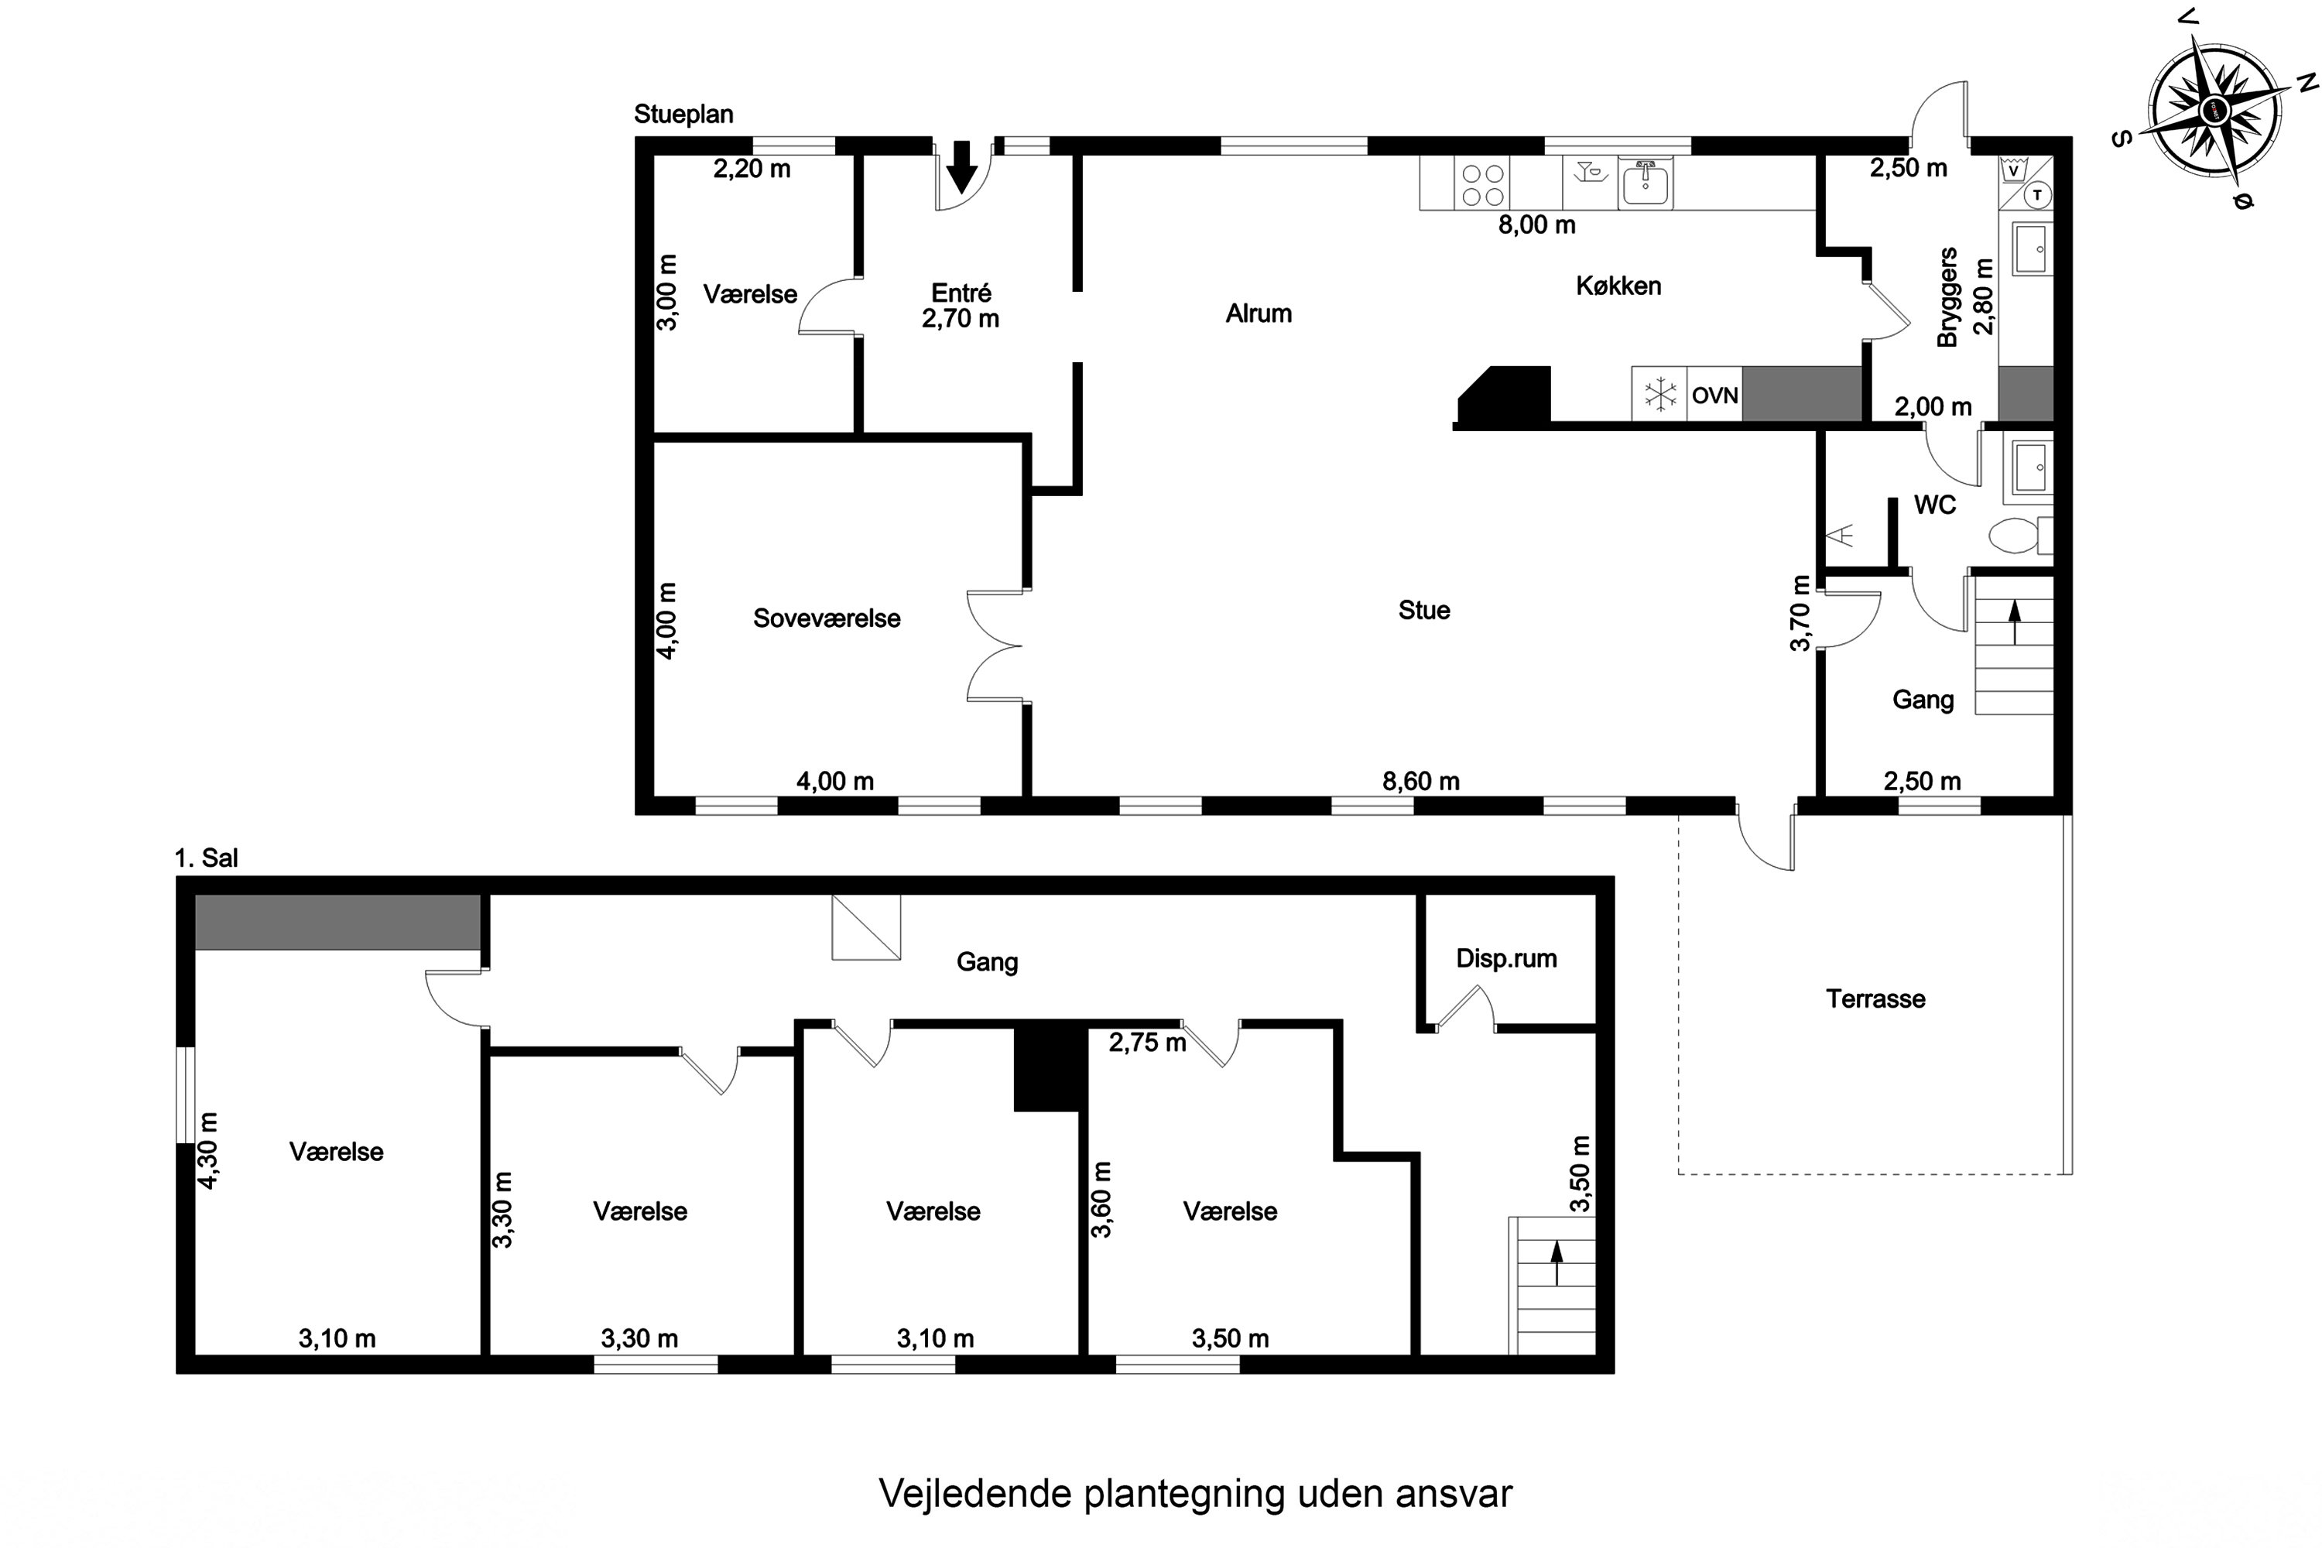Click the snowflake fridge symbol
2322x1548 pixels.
click(x=1659, y=395)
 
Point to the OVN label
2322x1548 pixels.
click(x=1715, y=396)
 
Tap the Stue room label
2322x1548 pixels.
click(x=1423, y=610)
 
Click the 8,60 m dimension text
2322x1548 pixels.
click(x=1420, y=781)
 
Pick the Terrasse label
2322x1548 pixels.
click(x=1875, y=999)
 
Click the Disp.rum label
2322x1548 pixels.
click(x=1505, y=959)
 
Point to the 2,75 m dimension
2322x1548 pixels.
click(x=1146, y=1043)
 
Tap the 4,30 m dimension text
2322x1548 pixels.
click(x=208, y=1150)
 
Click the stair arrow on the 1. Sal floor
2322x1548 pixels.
click(x=1557, y=1264)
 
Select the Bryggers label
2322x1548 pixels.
click(x=1947, y=297)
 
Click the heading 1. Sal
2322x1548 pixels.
click(x=207, y=858)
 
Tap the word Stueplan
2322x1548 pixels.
click(x=683, y=115)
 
